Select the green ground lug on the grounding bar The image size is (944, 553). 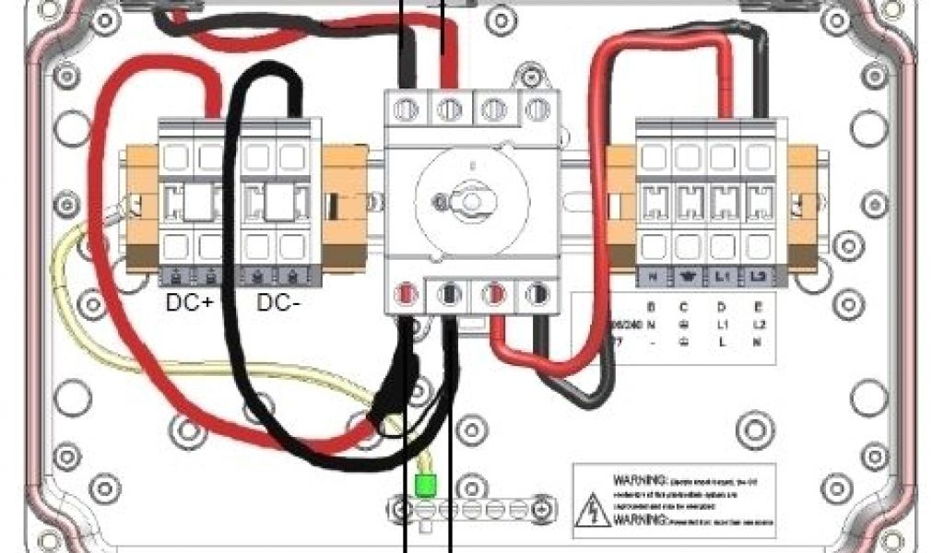click(x=425, y=485)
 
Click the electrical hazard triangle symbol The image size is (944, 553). click(x=591, y=510)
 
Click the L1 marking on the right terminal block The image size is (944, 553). click(x=723, y=276)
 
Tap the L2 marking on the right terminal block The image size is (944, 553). click(x=758, y=276)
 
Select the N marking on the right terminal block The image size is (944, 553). click(x=653, y=276)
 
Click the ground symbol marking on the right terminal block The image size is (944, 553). click(x=687, y=276)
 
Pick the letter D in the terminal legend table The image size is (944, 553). click(x=721, y=307)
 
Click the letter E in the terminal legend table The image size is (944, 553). click(x=757, y=307)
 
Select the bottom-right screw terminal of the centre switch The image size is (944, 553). click(x=537, y=295)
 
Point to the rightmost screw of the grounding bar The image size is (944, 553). click(x=542, y=507)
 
